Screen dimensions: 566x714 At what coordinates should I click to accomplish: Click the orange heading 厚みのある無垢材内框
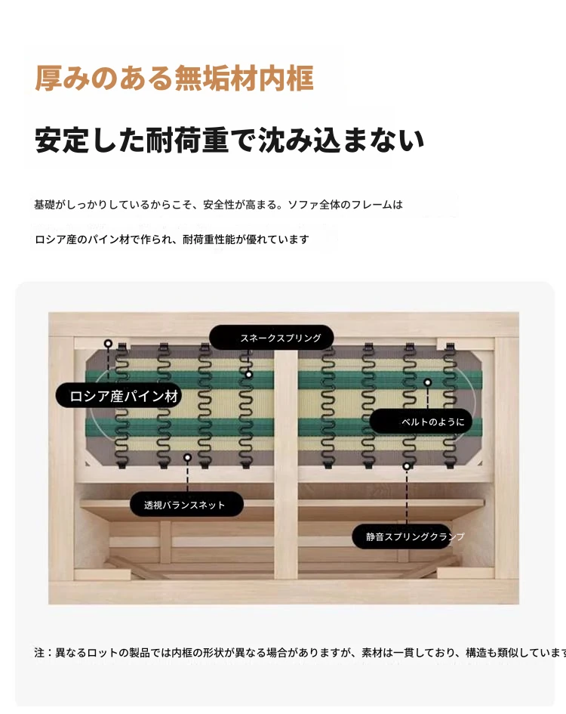[174, 79]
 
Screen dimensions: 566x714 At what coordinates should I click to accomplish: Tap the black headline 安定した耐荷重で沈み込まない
[229, 140]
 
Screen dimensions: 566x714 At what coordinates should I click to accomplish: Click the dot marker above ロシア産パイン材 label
[108, 344]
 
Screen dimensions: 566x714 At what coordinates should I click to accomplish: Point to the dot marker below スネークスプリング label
[248, 375]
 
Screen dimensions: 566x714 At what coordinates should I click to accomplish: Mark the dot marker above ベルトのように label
[427, 382]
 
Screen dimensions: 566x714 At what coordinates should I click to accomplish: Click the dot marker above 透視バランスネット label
[187, 458]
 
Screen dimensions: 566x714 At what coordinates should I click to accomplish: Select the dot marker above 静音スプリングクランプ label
[407, 466]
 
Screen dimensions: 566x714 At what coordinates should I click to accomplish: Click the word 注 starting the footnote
[39, 653]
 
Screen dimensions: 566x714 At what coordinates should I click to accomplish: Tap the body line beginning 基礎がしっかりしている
[218, 205]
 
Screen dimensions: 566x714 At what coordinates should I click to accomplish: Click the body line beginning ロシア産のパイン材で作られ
[172, 239]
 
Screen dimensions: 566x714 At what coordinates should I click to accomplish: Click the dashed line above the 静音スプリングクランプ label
[407, 497]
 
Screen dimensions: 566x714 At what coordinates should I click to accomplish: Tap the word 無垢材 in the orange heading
[216, 79]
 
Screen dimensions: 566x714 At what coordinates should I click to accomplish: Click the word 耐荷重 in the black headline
[186, 140]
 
